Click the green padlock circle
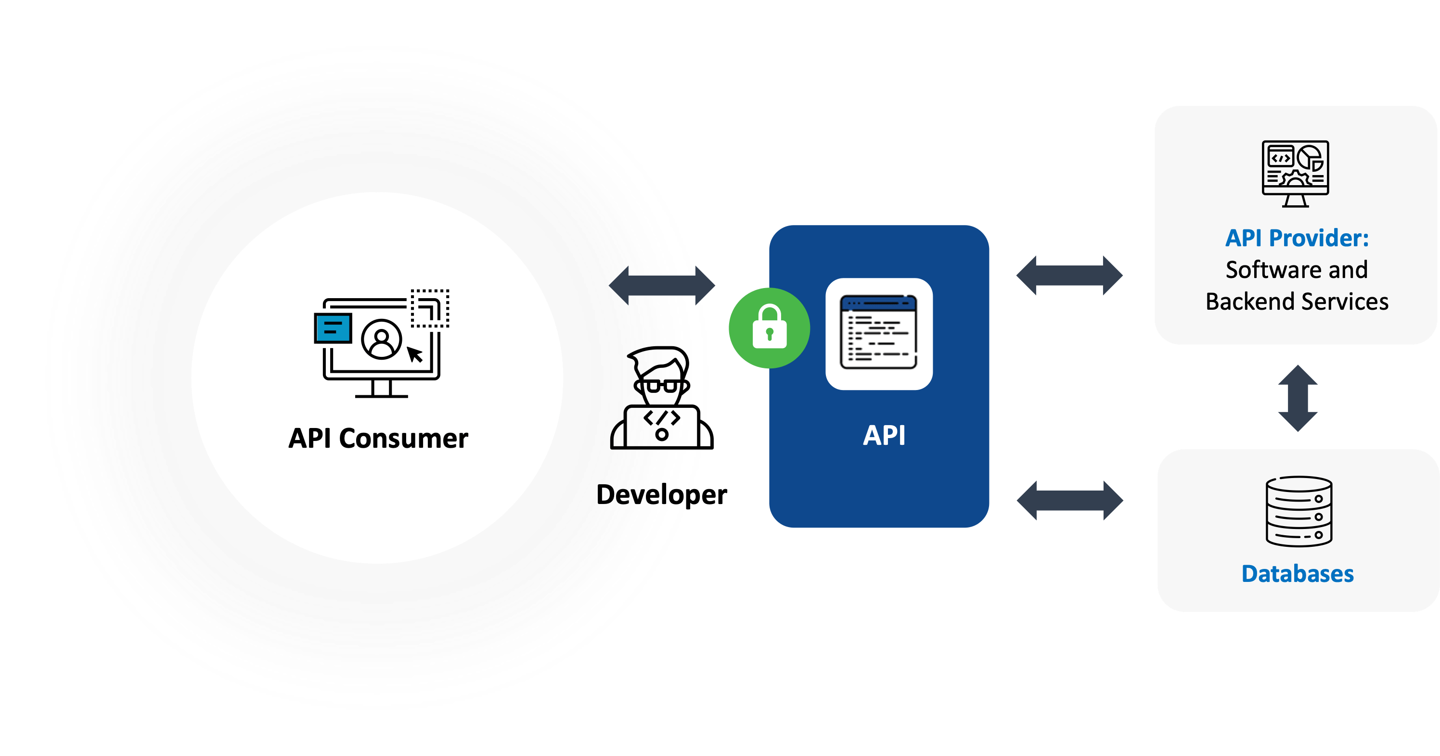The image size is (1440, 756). click(x=769, y=328)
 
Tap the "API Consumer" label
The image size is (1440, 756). click(x=378, y=439)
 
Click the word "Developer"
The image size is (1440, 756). click(x=661, y=495)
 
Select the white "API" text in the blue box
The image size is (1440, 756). click(x=884, y=435)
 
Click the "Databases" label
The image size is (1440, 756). click(x=1297, y=574)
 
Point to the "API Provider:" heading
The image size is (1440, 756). click(x=1297, y=239)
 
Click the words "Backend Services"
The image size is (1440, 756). click(x=1297, y=302)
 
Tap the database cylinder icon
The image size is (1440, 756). click(x=1299, y=511)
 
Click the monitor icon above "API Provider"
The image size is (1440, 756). click(x=1295, y=173)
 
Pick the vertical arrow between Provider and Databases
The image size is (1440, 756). click(x=1298, y=398)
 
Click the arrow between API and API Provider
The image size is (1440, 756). click(x=1069, y=276)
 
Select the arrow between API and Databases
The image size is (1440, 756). click(x=1069, y=500)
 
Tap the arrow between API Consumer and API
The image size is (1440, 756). click(x=661, y=285)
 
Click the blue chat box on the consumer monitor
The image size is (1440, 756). click(x=333, y=328)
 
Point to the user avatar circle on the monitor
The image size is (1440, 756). click(x=382, y=339)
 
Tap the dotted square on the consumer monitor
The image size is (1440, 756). click(x=430, y=308)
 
